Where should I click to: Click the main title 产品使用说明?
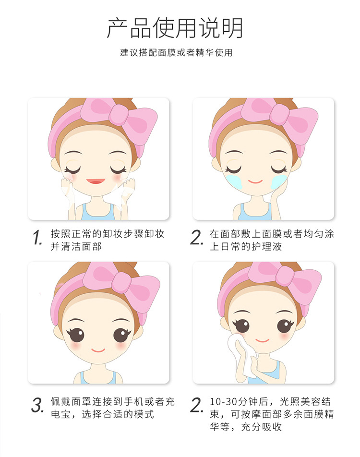(175, 28)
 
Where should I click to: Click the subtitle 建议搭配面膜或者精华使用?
(176, 52)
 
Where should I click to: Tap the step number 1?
(37, 237)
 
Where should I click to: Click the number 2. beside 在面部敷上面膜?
(196, 237)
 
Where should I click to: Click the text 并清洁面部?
(76, 247)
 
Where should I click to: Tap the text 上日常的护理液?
(246, 247)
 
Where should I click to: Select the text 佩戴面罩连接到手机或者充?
(112, 401)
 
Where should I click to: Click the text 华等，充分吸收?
(246, 427)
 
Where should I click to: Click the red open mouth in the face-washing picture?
(96, 181)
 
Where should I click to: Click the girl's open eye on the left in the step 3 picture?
(77, 335)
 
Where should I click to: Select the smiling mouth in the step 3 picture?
(98, 350)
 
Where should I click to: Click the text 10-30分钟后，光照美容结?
(270, 401)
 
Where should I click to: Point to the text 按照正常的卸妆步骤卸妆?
(108, 234)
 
